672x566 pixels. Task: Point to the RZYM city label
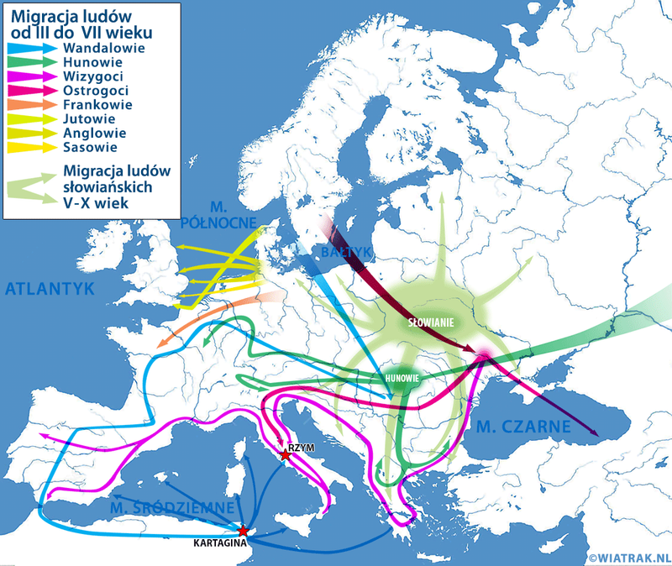click(301, 448)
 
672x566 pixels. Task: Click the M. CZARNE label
click(523, 427)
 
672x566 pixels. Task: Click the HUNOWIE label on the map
click(402, 379)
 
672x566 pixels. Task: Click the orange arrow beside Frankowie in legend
click(31, 105)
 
